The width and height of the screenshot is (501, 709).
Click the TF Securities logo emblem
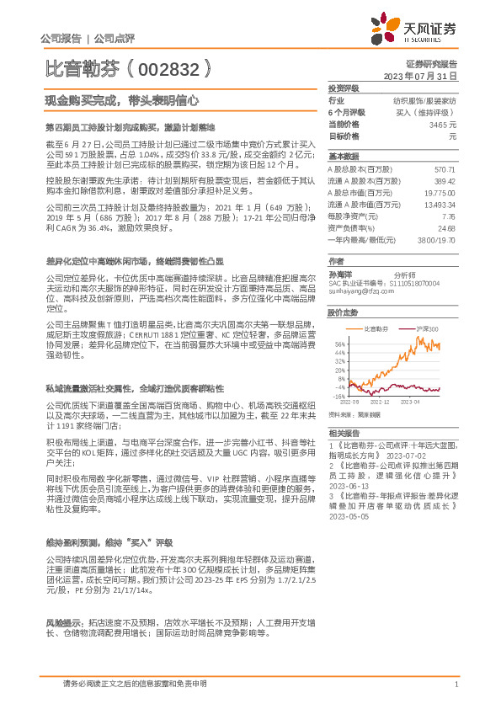388,29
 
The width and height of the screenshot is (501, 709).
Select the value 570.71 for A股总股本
444,169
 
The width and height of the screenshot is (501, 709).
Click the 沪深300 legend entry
429,328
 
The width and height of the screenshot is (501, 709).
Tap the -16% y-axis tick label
339,395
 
